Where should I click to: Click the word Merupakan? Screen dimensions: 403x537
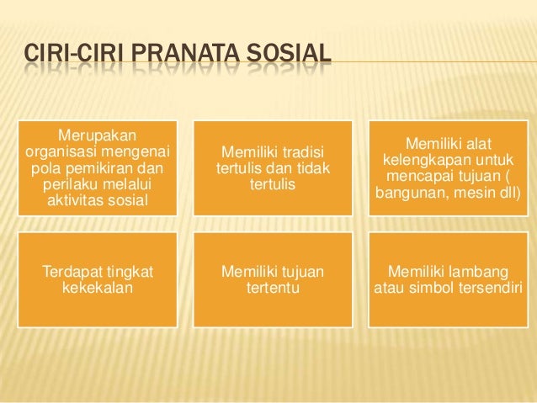coord(98,135)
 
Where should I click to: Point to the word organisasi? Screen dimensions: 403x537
coord(61,151)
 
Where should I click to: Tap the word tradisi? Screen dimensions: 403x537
coord(303,151)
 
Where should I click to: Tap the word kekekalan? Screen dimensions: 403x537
coord(98,289)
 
